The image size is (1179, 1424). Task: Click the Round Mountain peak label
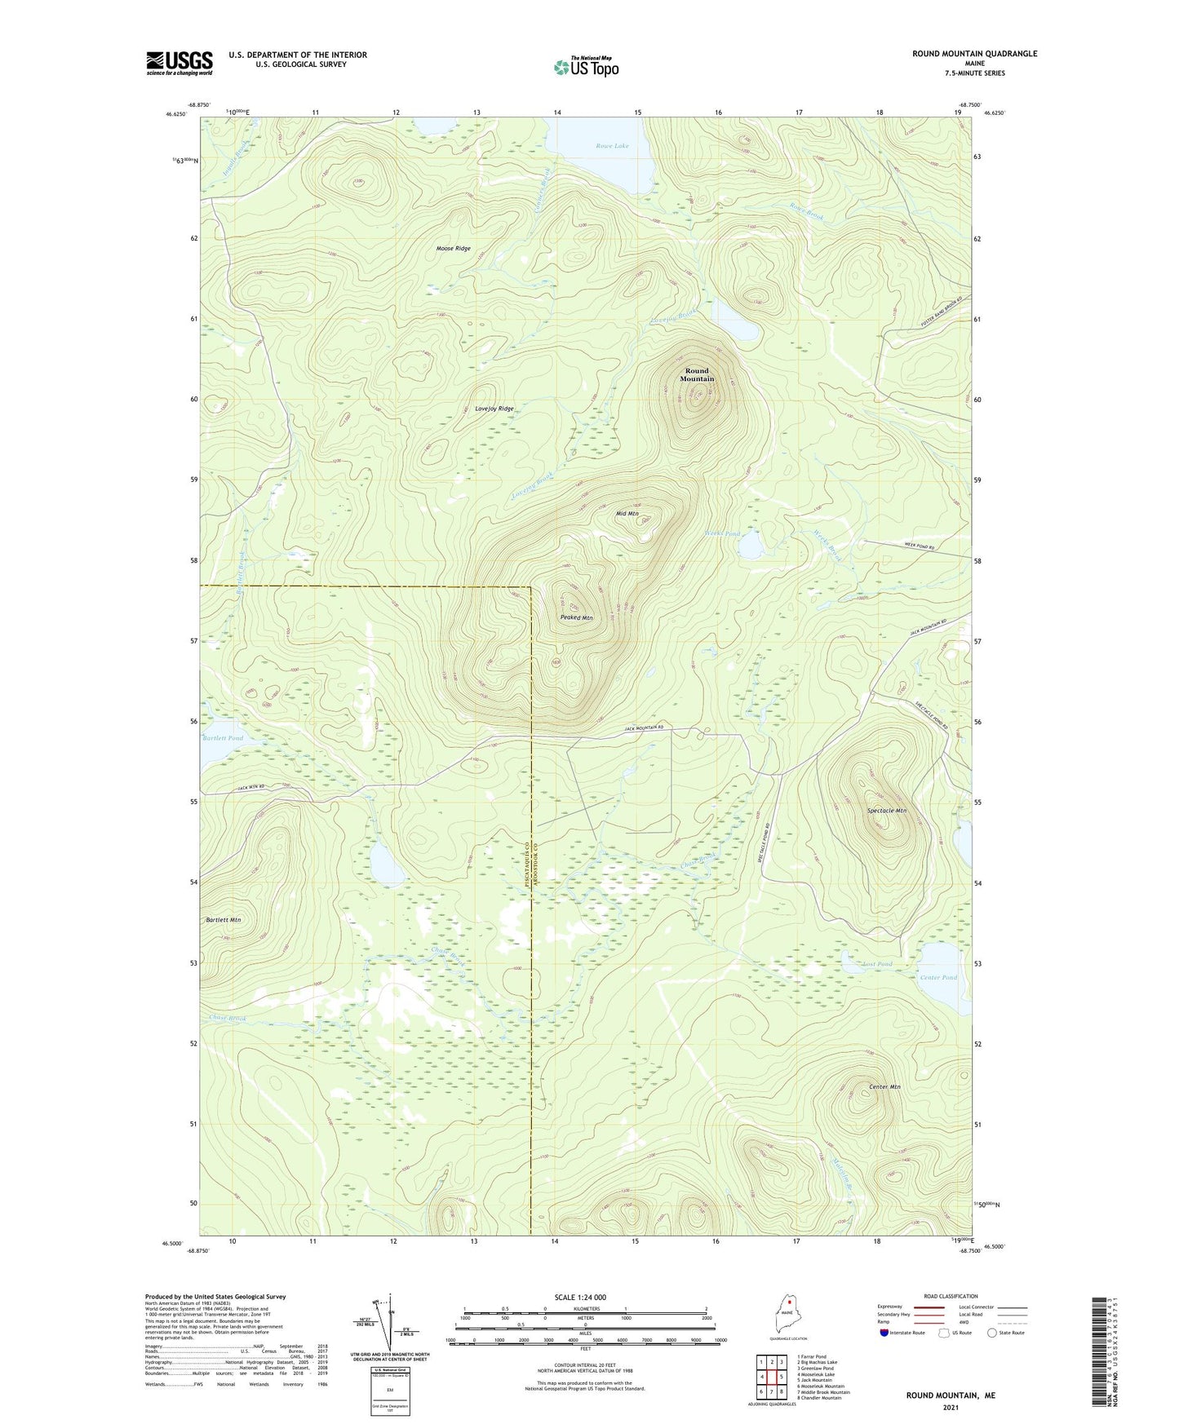click(697, 374)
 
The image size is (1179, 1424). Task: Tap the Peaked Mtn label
click(576, 618)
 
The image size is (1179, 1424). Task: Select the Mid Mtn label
click(627, 514)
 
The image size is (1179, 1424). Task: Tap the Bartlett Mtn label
click(223, 920)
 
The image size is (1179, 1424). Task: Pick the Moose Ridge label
click(453, 249)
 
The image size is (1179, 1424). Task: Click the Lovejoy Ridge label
click(494, 409)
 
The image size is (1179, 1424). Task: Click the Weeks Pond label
click(722, 534)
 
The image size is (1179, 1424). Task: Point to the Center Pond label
click(937, 977)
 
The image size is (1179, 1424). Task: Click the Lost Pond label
click(878, 964)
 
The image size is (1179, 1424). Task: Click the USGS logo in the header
click(180, 63)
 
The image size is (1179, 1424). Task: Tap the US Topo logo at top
click(586, 66)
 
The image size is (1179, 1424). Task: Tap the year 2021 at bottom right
click(951, 1407)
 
